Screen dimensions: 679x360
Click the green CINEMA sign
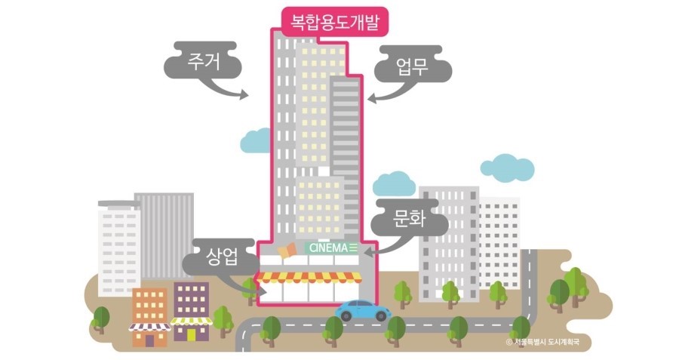(332, 248)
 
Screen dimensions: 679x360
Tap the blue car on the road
(362, 310)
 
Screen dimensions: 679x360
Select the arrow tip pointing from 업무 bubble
(370, 98)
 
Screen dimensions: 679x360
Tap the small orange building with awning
(149, 317)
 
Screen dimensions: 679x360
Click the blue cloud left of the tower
(255, 140)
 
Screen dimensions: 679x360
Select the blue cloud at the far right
(507, 166)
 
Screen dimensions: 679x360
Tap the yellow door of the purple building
(192, 334)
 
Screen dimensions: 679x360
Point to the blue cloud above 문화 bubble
(394, 183)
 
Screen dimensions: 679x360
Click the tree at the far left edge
(100, 318)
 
